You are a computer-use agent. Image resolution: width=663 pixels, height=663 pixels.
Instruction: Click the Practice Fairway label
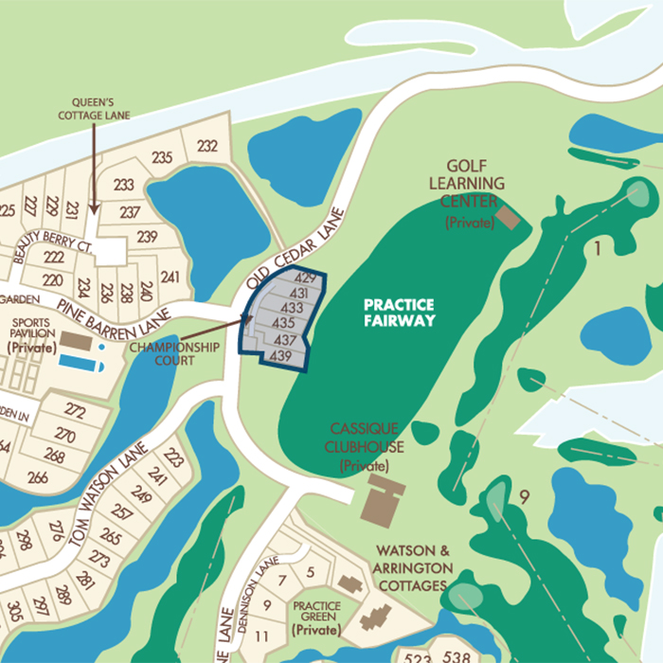click(400, 313)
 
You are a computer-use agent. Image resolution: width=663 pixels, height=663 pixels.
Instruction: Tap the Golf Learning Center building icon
click(509, 217)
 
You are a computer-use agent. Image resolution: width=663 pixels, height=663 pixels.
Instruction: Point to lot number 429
click(304, 278)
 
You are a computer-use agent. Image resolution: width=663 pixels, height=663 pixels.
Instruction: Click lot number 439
click(279, 356)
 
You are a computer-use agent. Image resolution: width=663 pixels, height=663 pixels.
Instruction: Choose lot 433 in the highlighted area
click(293, 308)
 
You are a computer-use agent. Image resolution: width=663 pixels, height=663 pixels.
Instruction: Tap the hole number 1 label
click(598, 249)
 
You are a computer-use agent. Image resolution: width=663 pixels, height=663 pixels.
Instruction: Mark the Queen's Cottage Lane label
click(93, 109)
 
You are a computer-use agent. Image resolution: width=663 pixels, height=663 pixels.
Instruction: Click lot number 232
click(207, 145)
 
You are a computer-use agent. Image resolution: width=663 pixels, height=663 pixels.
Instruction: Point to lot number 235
click(162, 157)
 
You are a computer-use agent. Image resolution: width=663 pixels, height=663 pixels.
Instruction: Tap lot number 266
click(38, 477)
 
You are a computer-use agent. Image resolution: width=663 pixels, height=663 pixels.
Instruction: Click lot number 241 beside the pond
click(170, 277)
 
